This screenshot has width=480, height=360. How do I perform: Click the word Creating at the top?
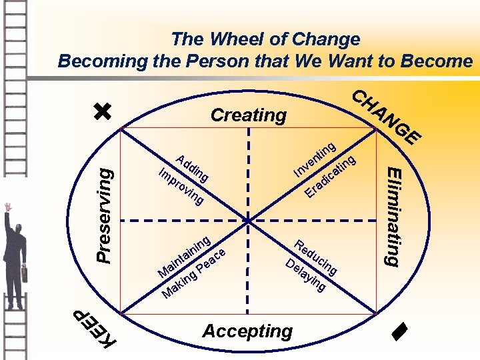[248, 115]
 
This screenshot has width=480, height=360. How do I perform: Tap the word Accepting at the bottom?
[247, 331]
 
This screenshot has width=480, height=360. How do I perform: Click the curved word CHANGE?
[385, 117]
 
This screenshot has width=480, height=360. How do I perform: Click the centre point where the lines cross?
[248, 221]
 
